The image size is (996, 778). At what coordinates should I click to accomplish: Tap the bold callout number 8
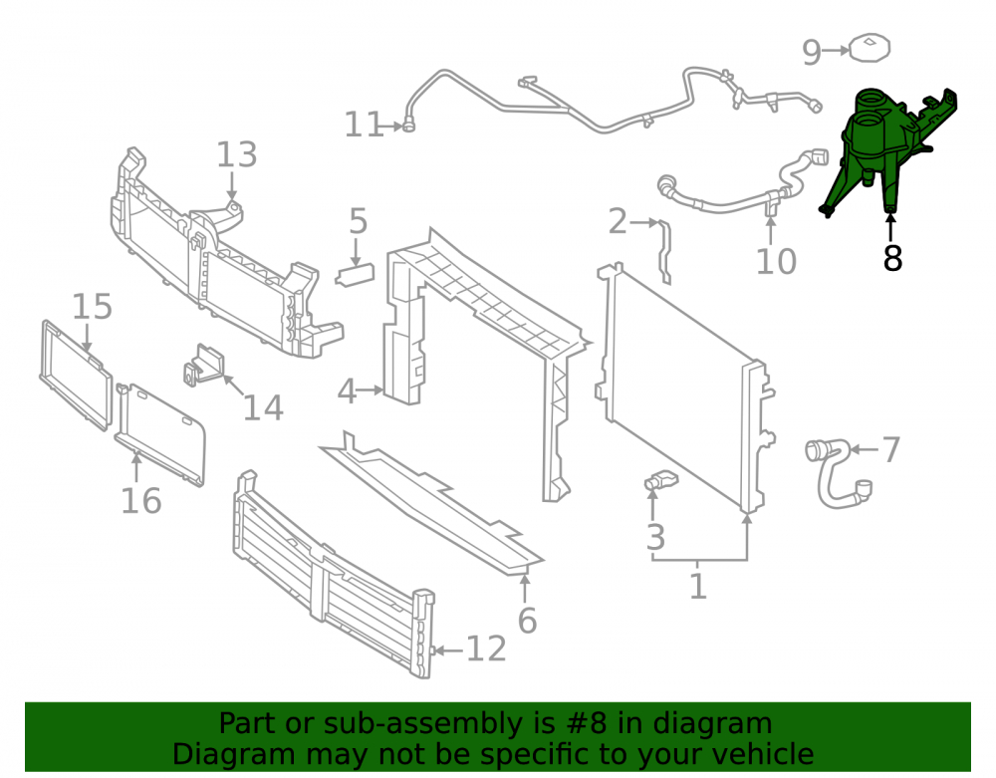892,258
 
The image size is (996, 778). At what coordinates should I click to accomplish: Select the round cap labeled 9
869,48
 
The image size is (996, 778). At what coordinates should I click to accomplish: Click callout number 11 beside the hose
364,125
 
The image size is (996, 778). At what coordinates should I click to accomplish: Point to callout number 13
237,155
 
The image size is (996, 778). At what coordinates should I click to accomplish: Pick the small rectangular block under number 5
356,276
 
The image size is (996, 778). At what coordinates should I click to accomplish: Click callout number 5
359,221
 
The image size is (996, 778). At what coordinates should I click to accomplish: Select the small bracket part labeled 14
204,366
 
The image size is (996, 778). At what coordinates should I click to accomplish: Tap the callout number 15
92,306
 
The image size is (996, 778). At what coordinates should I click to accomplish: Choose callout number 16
141,501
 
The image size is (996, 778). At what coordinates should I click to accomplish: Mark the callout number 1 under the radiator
698,586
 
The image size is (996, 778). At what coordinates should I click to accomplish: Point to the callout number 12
487,649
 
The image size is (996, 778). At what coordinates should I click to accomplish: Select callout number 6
527,621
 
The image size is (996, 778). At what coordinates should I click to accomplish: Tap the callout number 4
347,391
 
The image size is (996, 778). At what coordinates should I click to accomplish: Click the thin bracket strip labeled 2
664,252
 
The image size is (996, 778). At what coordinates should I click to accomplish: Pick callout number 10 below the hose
776,262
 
